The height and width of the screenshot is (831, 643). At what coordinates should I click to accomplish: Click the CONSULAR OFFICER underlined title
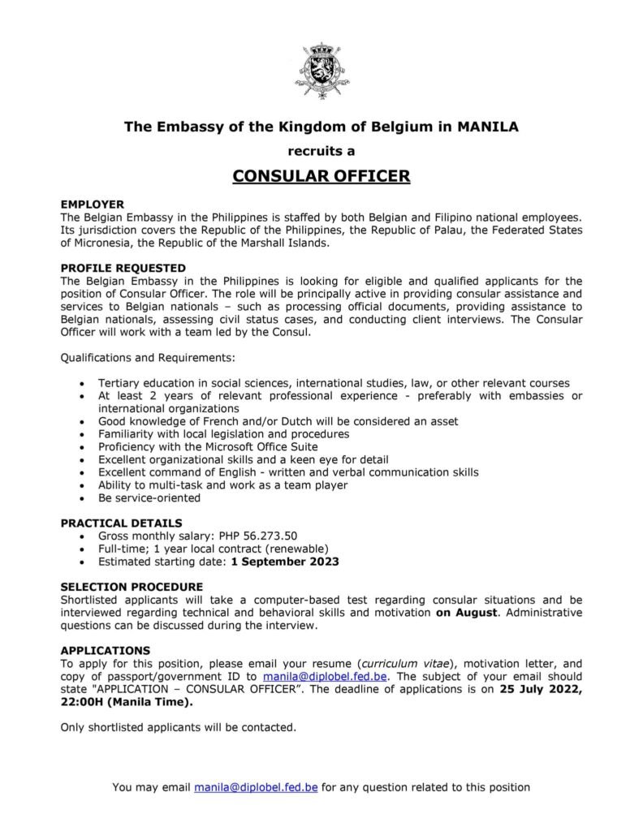point(321,176)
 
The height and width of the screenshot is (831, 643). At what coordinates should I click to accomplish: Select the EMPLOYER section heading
point(92,205)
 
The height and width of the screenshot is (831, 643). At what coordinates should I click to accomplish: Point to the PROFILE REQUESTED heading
point(123,267)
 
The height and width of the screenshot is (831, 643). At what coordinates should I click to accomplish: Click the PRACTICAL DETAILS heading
point(121,523)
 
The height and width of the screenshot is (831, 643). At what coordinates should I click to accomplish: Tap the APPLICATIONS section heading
point(106,650)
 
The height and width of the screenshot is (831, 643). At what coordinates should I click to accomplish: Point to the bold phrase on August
point(465,613)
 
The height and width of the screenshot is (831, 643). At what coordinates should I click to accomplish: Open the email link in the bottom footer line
point(256,786)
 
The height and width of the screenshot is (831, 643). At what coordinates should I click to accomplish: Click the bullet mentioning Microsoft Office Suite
point(208,446)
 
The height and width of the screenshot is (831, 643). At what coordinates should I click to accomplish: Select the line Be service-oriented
point(149,497)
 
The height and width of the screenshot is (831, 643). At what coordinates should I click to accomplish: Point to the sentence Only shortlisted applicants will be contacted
point(179,727)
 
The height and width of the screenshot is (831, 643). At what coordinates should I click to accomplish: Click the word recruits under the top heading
point(321,151)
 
